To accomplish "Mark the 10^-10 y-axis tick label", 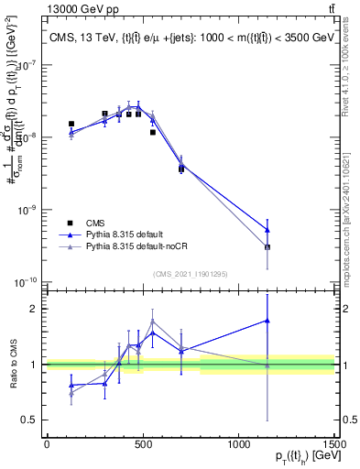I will click(x=27, y=281).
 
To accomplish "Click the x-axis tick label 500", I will click(x=143, y=444).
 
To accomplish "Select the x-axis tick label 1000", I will click(x=238, y=444).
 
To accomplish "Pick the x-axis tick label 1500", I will click(x=333, y=444).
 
